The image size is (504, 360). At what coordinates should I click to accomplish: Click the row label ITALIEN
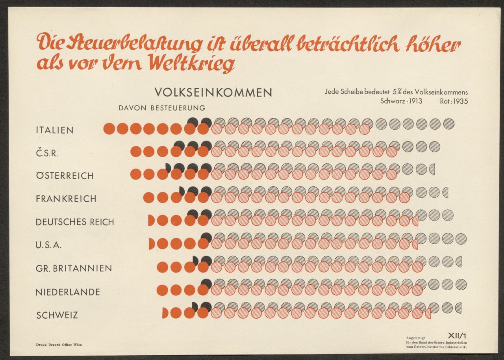tap(54, 130)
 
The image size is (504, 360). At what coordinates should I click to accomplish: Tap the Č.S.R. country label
tap(47, 153)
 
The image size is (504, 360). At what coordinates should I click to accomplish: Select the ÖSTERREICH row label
tap(65, 176)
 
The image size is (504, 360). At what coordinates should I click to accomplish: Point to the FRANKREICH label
tap(66, 199)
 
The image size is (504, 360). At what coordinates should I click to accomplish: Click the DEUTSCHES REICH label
tap(75, 222)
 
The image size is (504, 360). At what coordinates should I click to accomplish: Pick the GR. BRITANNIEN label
tap(74, 268)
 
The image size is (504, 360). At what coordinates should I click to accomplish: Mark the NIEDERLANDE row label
tap(67, 292)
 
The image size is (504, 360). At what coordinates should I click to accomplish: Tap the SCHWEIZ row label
tap(57, 315)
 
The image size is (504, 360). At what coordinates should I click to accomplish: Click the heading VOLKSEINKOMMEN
tap(213, 93)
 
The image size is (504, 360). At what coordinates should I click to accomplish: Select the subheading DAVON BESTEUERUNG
tap(162, 108)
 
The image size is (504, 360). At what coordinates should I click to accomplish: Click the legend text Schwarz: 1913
tap(401, 101)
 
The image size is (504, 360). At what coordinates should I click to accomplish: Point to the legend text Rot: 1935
tap(454, 101)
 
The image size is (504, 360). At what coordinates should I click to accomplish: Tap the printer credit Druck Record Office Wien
tap(59, 345)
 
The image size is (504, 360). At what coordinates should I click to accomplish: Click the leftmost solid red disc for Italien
tap(109, 128)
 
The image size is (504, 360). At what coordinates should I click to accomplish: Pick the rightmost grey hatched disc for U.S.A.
tap(461, 239)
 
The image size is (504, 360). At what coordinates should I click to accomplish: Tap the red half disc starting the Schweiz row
tap(165, 313)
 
